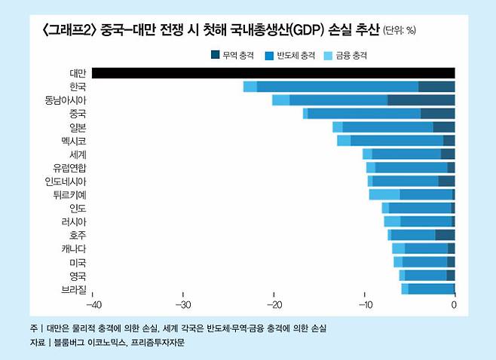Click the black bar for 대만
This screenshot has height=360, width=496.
[x=272, y=73]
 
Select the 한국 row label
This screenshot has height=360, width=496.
[x=77, y=87]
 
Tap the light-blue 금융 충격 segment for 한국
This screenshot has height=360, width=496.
[x=250, y=87]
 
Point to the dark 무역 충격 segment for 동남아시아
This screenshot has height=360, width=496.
[x=421, y=100]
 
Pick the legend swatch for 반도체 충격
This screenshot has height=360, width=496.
[x=270, y=55]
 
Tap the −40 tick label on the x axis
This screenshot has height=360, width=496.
[x=94, y=305]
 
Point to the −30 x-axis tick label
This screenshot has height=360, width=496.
[x=184, y=305]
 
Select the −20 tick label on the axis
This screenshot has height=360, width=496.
[x=274, y=305]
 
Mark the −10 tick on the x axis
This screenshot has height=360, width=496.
[x=365, y=305]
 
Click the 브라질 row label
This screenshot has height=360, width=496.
[x=75, y=289]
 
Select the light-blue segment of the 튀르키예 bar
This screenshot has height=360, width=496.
[x=384, y=194]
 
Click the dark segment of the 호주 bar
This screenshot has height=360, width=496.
[x=445, y=235]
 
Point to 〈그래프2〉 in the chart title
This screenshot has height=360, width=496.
[x=70, y=31]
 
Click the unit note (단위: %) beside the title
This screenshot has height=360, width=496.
[x=400, y=32]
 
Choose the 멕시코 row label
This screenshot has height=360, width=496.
[x=75, y=141]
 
